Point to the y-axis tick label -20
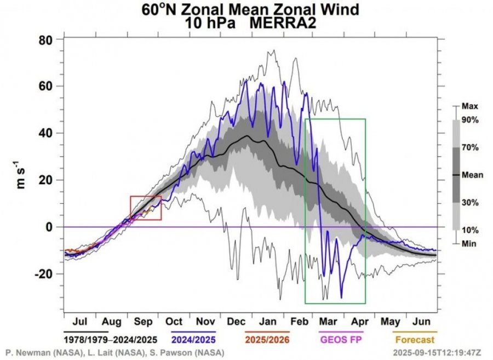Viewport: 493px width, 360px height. point(48,273)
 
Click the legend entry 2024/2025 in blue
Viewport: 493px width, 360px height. point(193,340)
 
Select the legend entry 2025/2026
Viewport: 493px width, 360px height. point(267,340)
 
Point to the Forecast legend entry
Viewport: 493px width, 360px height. point(415,340)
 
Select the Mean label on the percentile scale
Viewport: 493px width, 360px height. point(472,175)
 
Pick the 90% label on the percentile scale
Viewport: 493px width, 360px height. point(471,120)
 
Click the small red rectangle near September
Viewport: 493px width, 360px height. point(146,208)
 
